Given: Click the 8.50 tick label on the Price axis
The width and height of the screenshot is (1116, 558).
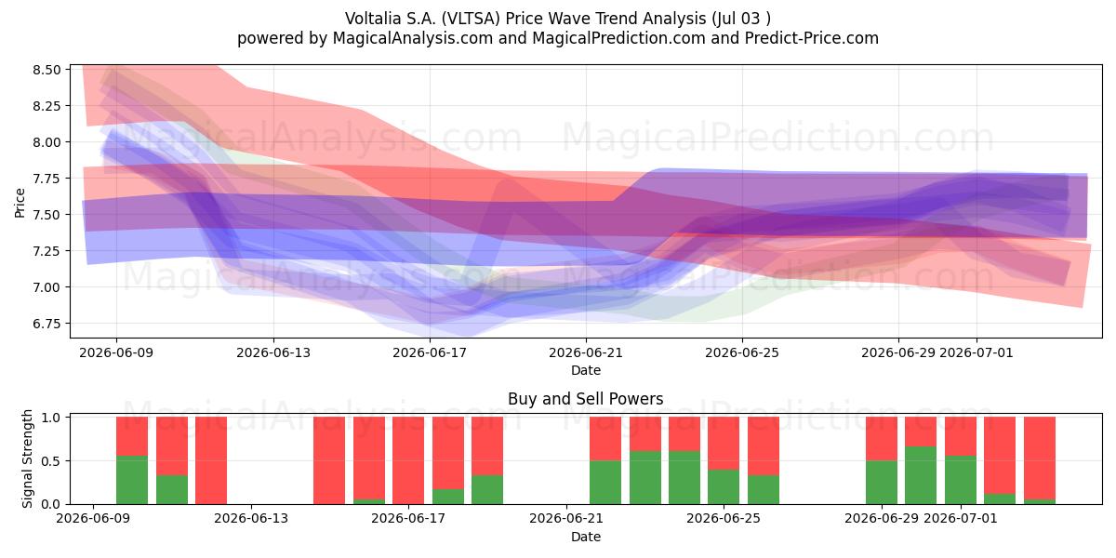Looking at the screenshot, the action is [46, 70].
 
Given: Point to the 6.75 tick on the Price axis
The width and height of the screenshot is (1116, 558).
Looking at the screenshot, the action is [46, 324].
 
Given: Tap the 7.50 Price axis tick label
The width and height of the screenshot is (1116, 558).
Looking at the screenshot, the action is [46, 215].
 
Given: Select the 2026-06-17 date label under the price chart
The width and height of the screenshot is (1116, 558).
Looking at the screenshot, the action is [430, 353].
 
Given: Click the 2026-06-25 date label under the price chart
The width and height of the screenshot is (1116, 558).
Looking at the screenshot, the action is [742, 353].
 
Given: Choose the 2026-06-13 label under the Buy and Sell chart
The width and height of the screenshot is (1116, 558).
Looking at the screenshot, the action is [251, 519].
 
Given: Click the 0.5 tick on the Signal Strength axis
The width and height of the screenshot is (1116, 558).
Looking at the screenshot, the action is [51, 461].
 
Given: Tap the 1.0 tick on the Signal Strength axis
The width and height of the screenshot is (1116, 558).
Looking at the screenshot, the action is [51, 418].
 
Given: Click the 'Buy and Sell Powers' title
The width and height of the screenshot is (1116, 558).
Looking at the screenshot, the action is [585, 399].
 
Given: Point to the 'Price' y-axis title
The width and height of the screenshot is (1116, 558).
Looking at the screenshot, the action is [20, 203].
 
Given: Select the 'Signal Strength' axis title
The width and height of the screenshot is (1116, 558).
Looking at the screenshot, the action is [27, 458].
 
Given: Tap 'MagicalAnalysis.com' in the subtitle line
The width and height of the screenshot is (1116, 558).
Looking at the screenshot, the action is [413, 38].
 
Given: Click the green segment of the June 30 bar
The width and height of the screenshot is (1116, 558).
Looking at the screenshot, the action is [921, 475].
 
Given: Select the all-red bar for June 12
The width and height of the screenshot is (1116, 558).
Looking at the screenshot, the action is [211, 460].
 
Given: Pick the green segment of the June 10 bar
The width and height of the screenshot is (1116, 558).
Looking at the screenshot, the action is [132, 480].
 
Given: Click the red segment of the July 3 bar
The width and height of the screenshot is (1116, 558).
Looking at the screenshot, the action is [1040, 458].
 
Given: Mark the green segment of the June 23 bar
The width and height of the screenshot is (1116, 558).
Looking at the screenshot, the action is [645, 478].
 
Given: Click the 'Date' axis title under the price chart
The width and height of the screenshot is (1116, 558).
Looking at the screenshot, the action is [586, 371].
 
